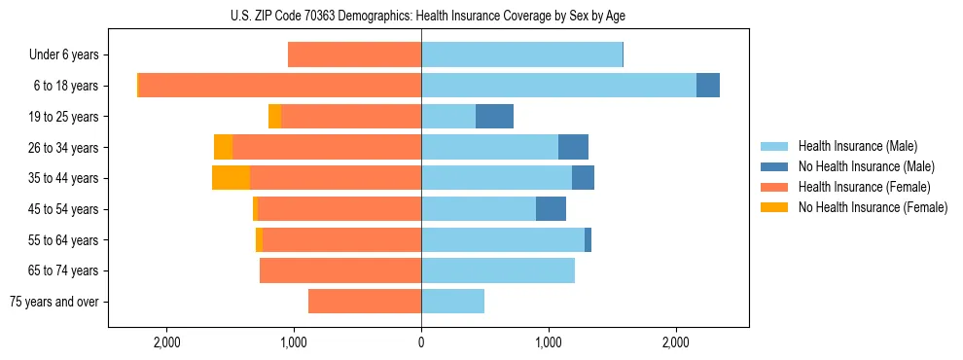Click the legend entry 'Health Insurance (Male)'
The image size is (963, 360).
[x=857, y=146]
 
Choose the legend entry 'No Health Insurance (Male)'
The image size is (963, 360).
[x=866, y=166]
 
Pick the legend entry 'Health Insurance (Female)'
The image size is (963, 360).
[x=864, y=187]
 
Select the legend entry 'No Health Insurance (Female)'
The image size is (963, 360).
[x=873, y=207]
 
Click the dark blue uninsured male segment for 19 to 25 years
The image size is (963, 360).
[x=494, y=117]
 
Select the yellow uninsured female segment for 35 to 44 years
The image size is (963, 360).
[x=231, y=178]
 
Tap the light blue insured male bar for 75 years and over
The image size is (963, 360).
[x=452, y=302]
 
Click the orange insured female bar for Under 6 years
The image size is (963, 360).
[x=354, y=55]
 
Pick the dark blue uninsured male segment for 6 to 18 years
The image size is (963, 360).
[x=708, y=86]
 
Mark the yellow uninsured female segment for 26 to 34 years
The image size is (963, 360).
[x=223, y=147]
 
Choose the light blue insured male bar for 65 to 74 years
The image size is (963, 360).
[x=498, y=270]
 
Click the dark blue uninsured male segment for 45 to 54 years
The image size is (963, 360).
[x=551, y=209]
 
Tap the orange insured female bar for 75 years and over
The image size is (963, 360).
[x=365, y=302]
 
